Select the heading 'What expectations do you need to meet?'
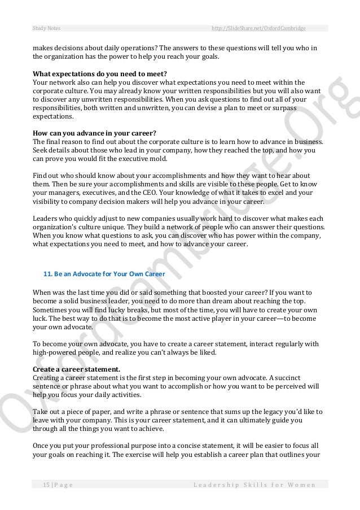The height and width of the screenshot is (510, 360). (100, 73)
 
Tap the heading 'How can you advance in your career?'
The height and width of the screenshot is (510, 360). (94, 133)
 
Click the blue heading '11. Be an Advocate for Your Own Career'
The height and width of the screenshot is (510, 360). (104, 274)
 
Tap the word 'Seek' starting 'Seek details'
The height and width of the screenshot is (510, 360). (41, 149)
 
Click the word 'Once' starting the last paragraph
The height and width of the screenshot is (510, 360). (42, 445)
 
